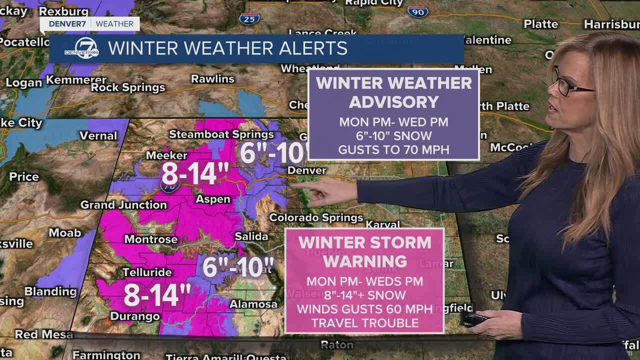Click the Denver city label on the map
pos(306,170)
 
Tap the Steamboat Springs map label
pos(221,134)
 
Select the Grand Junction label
pos(123,204)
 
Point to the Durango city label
pos(135,316)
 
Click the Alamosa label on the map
pos(253,304)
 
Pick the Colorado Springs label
pos(316,217)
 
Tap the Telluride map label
pos(147,272)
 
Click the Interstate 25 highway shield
pos(249,18)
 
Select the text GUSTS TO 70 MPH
pos(393,149)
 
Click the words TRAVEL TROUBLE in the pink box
pos(364,322)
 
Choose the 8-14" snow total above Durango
pos(157,295)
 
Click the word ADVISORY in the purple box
pos(393,101)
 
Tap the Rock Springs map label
pos(128,88)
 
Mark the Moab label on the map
pos(65,232)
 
